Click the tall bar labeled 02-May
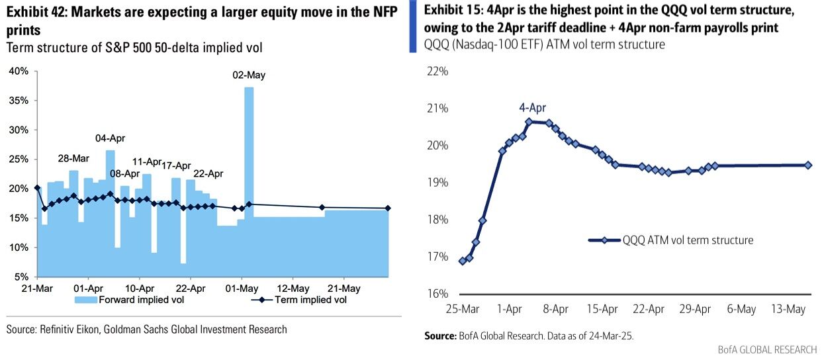pyautogui.click(x=249, y=179)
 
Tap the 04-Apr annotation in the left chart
pyautogui.click(x=110, y=138)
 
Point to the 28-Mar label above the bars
pyautogui.click(x=74, y=159)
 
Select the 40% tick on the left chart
pyautogui.click(x=19, y=71)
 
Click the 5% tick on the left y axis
pyautogui.click(x=21, y=277)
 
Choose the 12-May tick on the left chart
pyautogui.click(x=293, y=289)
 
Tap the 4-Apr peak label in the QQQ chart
pyautogui.click(x=532, y=109)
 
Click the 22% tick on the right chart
pyautogui.click(x=438, y=71)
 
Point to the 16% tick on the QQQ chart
pyautogui.click(x=438, y=294)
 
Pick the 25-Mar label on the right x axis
pyautogui.click(x=462, y=309)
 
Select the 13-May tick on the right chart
pyautogui.click(x=788, y=309)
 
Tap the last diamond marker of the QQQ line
pyautogui.click(x=808, y=165)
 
